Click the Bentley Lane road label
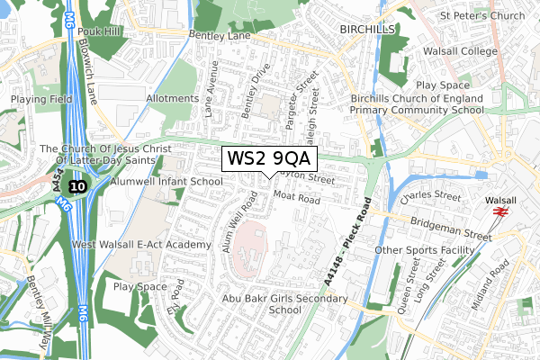(223, 35)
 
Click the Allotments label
(171, 98)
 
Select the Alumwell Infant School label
(166, 181)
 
